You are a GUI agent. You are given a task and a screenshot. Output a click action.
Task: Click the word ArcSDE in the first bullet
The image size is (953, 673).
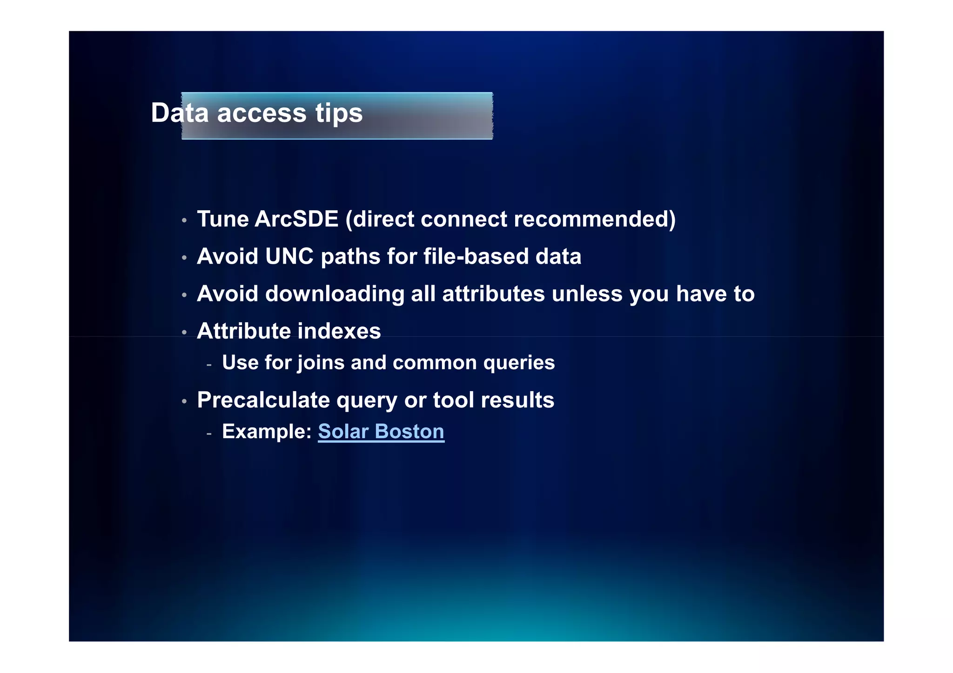[296, 219]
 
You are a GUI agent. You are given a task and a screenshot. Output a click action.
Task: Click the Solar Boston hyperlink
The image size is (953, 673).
[381, 432]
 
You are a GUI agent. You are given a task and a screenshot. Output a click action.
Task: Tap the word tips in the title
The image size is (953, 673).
[339, 113]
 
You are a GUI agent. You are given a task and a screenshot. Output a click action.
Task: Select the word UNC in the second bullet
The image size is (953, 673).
[289, 256]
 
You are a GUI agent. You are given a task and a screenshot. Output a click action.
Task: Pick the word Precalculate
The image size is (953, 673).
[263, 400]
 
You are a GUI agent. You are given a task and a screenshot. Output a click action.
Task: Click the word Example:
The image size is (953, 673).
[267, 432]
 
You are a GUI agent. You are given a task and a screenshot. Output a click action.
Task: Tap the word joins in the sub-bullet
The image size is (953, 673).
[322, 363]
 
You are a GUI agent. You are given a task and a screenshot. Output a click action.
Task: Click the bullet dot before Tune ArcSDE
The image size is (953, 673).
[184, 220]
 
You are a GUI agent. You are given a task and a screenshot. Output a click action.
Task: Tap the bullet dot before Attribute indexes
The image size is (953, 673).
[184, 333]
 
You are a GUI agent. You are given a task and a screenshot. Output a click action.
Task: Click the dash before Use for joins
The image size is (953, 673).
[209, 365]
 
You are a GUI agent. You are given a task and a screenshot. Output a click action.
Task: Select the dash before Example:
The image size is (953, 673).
[209, 434]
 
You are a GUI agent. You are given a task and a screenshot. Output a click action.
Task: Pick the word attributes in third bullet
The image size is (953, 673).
[493, 294]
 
